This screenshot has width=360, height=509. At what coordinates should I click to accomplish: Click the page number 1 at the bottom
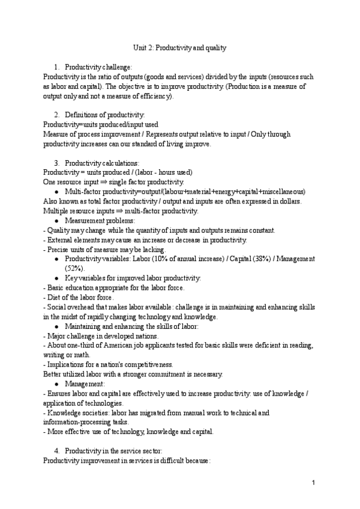(x=313, y=482)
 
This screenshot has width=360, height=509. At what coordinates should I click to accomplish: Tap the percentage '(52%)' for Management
(x=75, y=268)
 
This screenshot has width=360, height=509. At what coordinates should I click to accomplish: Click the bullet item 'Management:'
(x=84, y=383)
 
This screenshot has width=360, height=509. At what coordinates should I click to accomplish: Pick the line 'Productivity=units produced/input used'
(x=101, y=124)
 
